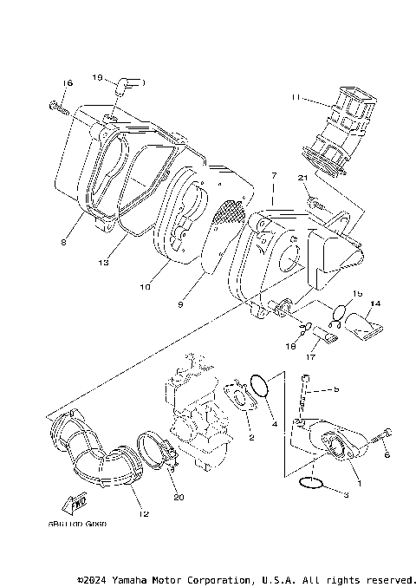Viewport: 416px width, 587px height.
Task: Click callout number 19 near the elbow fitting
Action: pos(98,77)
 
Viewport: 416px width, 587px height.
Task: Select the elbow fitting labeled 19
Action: pos(131,83)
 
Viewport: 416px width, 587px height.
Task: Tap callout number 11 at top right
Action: pos(296,98)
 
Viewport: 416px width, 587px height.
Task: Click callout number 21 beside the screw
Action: pos(302,178)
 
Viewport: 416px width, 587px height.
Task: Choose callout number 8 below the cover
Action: pos(63,243)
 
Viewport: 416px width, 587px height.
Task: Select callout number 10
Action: pos(143,285)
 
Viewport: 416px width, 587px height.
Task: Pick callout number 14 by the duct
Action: pos(374,303)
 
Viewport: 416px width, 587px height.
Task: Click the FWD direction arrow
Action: pos(76,504)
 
